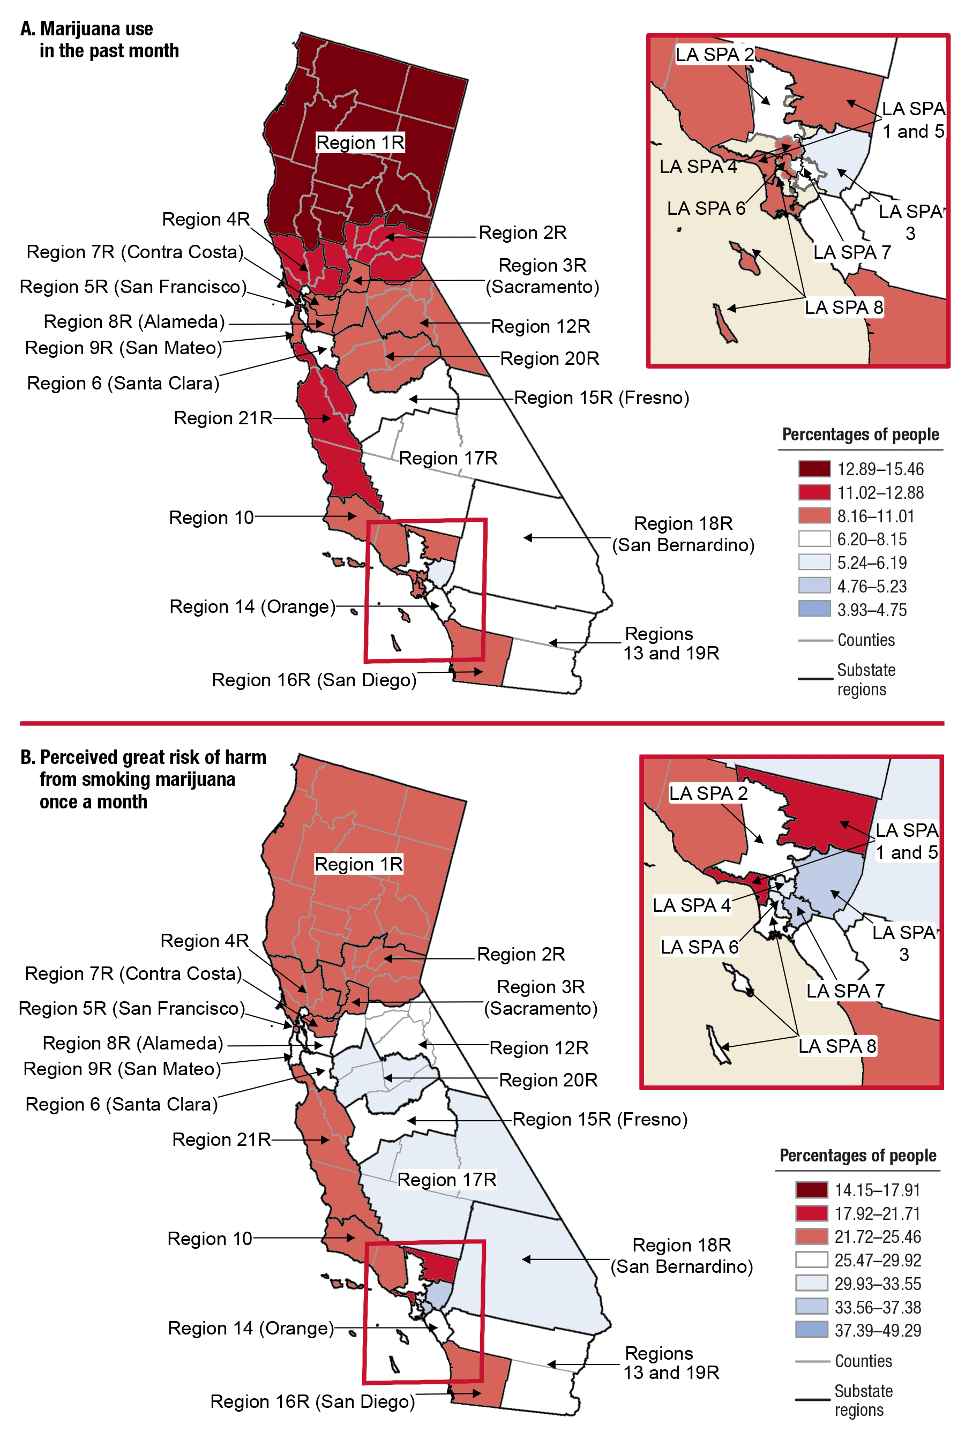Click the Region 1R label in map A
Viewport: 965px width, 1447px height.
point(360,143)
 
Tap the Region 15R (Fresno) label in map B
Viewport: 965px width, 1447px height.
point(600,1119)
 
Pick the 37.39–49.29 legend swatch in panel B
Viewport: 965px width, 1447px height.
point(811,1330)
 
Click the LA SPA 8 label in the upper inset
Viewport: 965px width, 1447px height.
point(844,307)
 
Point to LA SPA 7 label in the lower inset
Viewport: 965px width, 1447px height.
point(846,991)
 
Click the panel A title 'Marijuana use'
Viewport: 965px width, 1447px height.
point(96,29)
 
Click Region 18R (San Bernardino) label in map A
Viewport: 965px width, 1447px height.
point(683,534)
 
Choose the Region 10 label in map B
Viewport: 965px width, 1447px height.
point(210,1239)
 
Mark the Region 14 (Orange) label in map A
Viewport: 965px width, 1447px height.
point(252,606)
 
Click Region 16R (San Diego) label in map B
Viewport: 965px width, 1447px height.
point(312,1401)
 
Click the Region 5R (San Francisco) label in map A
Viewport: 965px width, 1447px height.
point(133,287)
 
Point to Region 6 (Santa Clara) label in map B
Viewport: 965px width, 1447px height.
point(122,1104)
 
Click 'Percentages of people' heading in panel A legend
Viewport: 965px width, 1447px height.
point(861,434)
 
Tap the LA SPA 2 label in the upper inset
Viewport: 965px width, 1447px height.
point(714,55)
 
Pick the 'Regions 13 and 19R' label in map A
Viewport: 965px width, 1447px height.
point(671,643)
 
